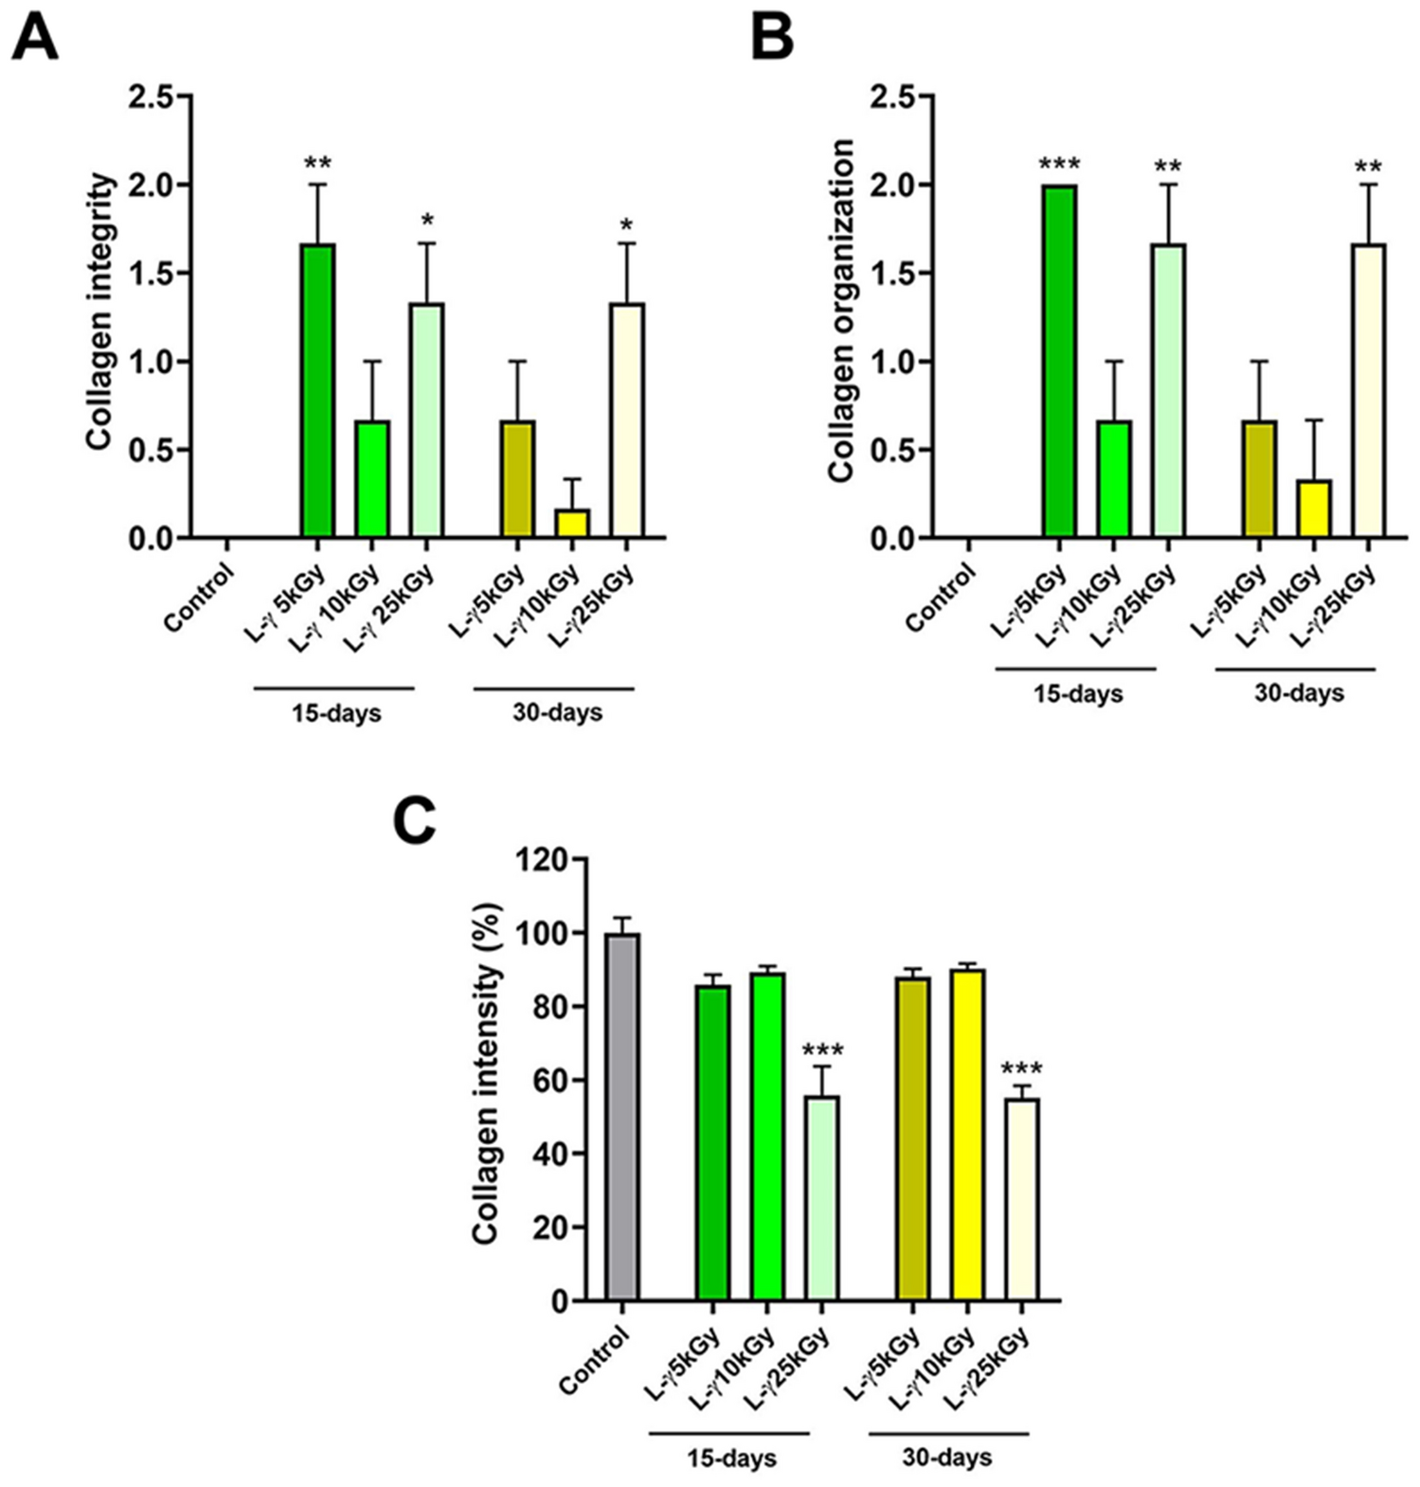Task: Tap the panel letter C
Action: tap(415, 821)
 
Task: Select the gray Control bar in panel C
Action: tap(622, 1118)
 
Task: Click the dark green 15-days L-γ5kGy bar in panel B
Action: tap(1059, 362)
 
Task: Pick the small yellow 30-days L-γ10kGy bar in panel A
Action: tap(570, 523)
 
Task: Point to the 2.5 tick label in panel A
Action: tap(152, 97)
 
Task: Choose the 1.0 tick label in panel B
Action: tap(894, 362)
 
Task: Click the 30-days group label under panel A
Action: tap(557, 712)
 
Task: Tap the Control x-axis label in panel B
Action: tap(939, 598)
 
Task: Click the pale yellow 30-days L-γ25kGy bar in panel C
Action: tap(1022, 1199)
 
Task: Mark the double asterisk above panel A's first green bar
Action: tap(317, 163)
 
